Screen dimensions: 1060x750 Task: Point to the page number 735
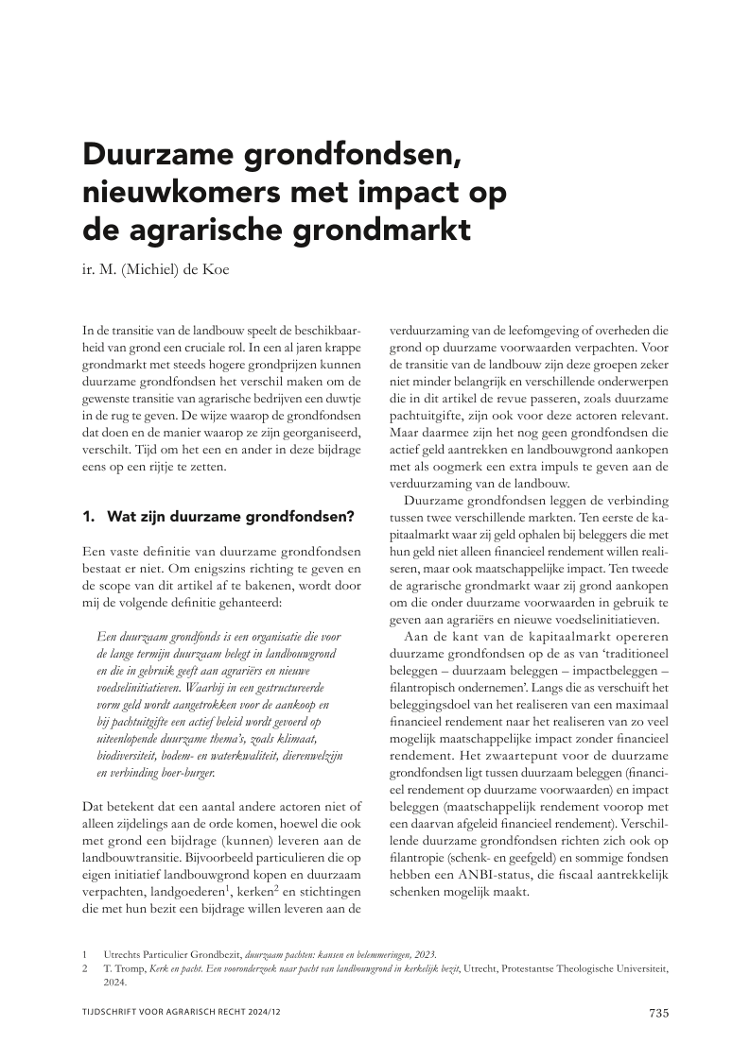[658, 1013]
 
